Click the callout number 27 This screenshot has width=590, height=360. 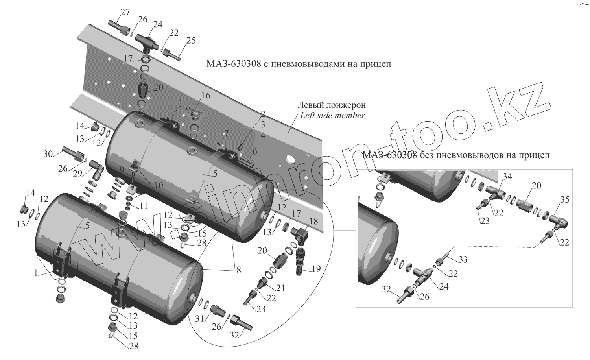coord(125,12)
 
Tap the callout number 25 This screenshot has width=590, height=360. coord(191,41)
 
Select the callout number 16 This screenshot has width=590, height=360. coord(206,96)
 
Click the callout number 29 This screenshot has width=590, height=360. coord(77,174)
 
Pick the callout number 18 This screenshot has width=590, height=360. coord(313,222)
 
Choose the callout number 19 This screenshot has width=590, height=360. coord(316,269)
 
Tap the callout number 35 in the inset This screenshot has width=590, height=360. coord(564,200)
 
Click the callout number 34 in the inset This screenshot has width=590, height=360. coord(507,177)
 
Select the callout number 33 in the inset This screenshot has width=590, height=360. coord(463,260)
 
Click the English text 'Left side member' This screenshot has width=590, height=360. coord(332,116)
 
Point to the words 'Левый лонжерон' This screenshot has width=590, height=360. coord(332,105)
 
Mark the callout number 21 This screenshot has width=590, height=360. coord(280,288)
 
